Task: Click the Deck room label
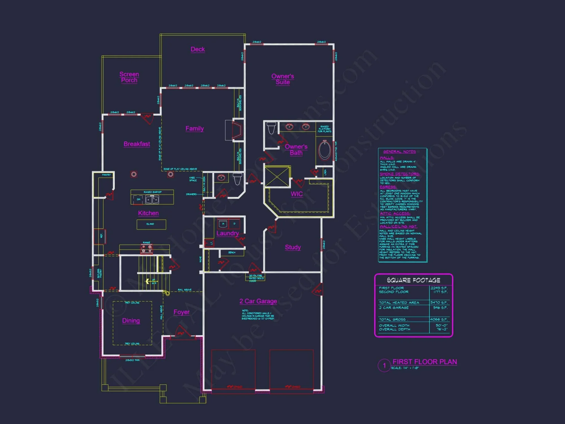click(198, 49)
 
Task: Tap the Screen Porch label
click(129, 77)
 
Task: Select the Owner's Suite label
click(282, 79)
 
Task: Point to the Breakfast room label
click(137, 144)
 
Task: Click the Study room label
click(293, 247)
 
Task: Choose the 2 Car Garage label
click(258, 301)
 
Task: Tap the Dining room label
click(131, 321)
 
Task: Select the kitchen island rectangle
click(151, 224)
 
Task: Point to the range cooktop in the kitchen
click(147, 249)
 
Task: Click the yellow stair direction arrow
click(147, 281)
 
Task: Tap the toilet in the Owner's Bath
click(271, 128)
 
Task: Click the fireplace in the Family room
click(237, 130)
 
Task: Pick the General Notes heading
click(399, 152)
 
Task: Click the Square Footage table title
click(413, 280)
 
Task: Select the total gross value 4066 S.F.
click(439, 319)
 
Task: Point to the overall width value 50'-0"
click(441, 325)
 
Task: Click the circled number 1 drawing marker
click(384, 365)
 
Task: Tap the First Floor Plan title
click(425, 362)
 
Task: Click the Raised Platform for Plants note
click(324, 129)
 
